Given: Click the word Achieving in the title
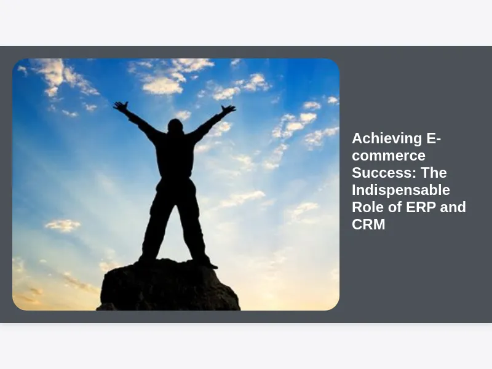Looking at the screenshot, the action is tap(387, 139).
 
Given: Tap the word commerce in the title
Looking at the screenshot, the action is tap(389, 156).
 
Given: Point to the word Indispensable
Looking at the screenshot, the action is tap(401, 190).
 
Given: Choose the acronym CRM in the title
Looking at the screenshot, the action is tap(368, 224).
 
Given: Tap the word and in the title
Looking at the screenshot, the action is tap(453, 207).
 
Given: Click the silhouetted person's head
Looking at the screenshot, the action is tap(175, 126).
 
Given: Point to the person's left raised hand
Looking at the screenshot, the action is tap(121, 106).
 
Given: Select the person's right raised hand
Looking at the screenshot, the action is tap(228, 109).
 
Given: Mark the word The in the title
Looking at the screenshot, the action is tap(434, 173).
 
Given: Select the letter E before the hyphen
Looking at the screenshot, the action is tap(432, 139).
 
